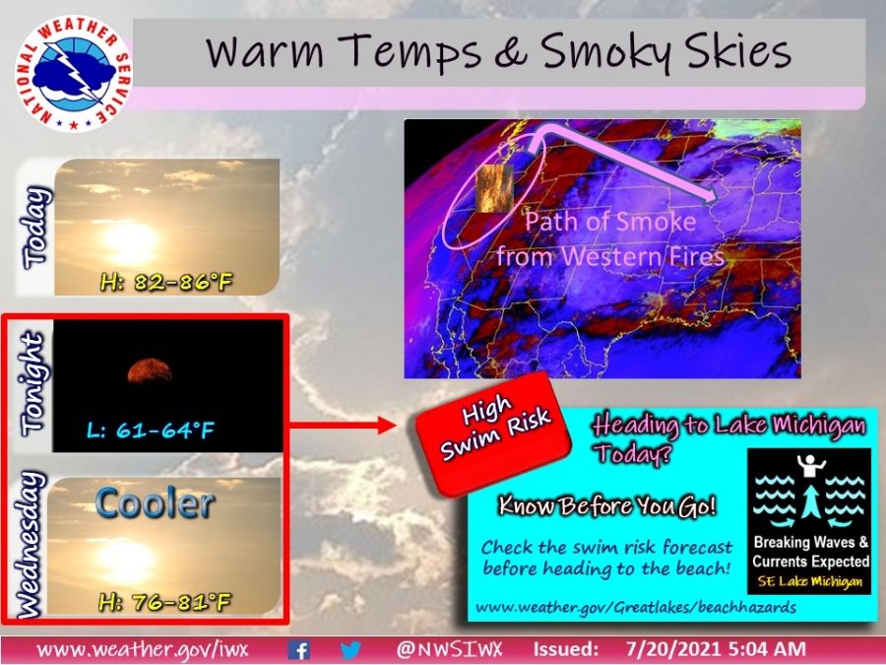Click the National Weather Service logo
73,74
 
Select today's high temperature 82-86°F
166,281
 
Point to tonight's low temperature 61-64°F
151,431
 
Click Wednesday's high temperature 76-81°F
164,602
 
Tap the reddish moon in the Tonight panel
150,371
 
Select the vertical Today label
36,227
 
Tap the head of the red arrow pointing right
387,425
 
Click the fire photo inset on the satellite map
494,188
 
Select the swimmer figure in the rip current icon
811,464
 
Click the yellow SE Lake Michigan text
810,580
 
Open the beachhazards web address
636,607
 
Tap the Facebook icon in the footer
298,649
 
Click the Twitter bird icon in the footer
350,649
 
